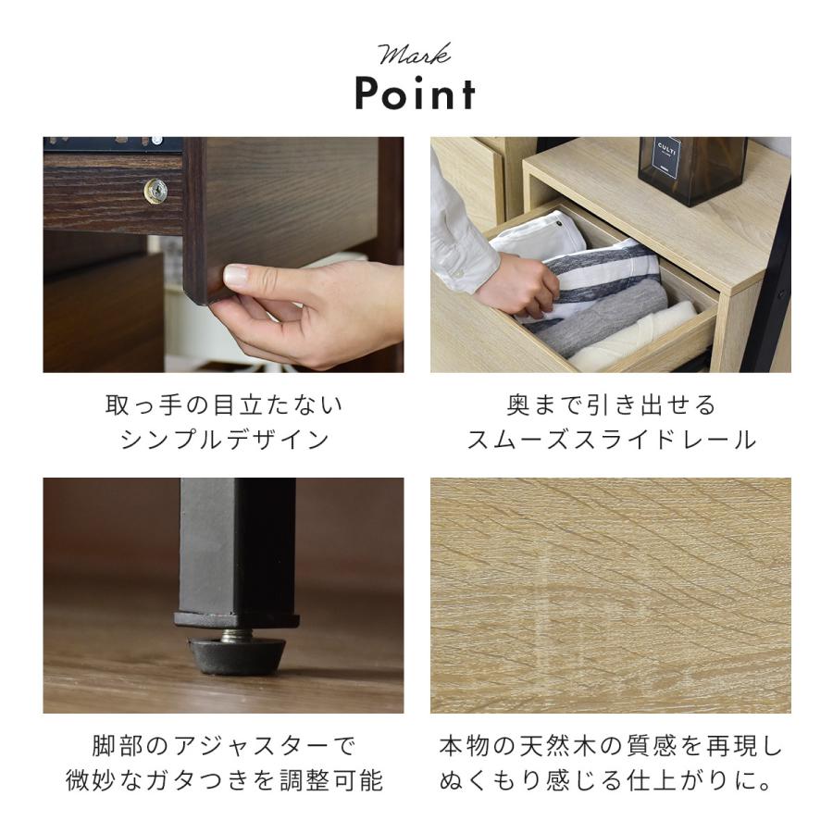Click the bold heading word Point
click(x=416, y=94)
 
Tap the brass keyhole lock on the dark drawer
click(x=155, y=191)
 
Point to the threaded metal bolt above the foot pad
click(x=238, y=635)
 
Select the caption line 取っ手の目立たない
click(x=223, y=405)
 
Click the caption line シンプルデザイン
click(x=223, y=441)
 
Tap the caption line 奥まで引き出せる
click(x=611, y=405)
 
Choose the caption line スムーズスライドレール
click(x=611, y=441)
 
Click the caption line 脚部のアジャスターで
click(x=223, y=746)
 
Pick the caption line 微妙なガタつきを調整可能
click(x=223, y=781)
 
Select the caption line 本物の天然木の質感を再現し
click(x=611, y=746)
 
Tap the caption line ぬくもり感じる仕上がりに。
click(x=611, y=781)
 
